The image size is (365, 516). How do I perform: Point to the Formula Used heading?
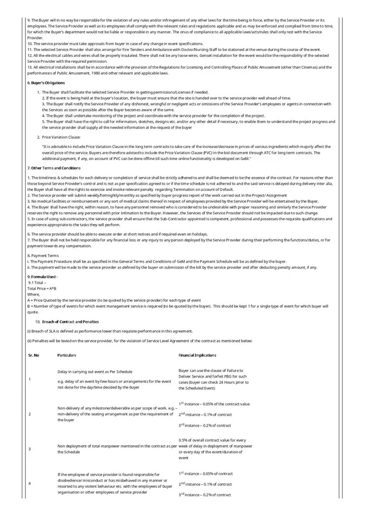point(42,277)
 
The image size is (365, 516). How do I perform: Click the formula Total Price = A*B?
point(42,289)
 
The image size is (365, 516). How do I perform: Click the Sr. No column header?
point(33,355)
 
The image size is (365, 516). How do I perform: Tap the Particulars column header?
point(67,355)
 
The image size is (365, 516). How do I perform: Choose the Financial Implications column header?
point(197,355)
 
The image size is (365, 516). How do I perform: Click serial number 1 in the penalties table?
point(30,379)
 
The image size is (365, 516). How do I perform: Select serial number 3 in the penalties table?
point(30,449)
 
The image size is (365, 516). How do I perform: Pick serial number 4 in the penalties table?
point(30,484)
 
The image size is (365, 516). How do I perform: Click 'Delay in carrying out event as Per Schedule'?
point(95,372)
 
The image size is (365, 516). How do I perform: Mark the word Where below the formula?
point(34,294)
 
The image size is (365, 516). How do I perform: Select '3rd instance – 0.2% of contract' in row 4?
point(205,495)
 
